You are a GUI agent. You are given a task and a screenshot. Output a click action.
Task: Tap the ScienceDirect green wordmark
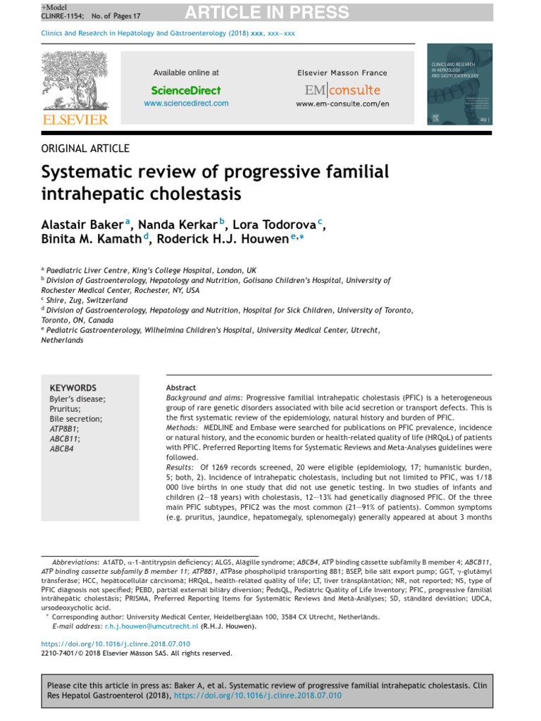[x=186, y=90]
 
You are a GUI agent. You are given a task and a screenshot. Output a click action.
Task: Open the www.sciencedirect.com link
[x=186, y=104]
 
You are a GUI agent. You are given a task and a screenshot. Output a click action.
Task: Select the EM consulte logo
[x=342, y=90]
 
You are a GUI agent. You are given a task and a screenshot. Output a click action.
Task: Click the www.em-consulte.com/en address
[x=342, y=104]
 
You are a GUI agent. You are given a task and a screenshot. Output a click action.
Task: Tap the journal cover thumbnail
[x=460, y=84]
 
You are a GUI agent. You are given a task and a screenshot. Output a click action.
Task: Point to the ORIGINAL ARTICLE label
[x=85, y=148]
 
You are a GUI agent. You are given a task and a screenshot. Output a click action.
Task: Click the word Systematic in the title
[x=82, y=173]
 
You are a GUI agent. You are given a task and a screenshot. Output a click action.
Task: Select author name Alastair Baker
[x=82, y=224]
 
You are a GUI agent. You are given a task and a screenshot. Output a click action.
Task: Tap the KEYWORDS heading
[x=73, y=388]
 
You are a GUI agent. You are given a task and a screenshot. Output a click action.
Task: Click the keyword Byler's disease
[x=77, y=399]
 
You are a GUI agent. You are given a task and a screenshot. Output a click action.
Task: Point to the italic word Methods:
[x=182, y=428]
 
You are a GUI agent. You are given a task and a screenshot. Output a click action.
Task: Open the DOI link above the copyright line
[x=115, y=644]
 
